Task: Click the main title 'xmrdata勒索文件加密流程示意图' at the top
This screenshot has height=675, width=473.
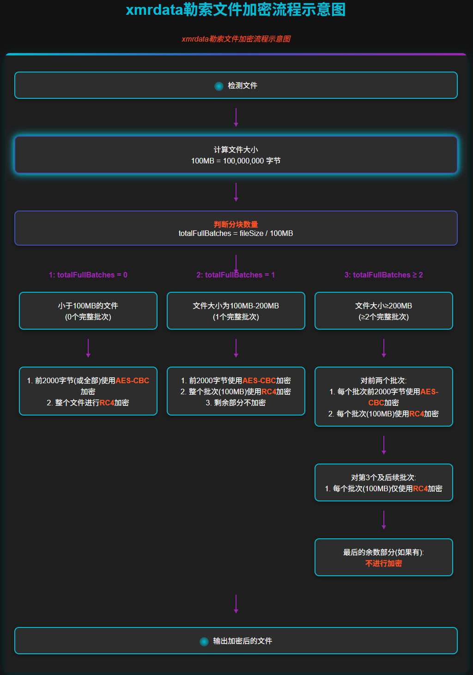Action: pos(236,10)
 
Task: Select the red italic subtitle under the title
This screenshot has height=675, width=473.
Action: pos(236,39)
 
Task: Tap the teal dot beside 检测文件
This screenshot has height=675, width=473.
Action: pos(219,86)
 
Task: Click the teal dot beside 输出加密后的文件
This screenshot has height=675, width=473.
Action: pos(204,641)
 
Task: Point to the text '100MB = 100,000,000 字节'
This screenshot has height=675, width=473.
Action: pos(236,161)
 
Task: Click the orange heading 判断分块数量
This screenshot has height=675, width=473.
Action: pos(236,224)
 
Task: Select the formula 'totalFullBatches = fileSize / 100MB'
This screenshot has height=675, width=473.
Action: pos(236,234)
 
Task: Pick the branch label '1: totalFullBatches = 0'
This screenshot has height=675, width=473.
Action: pos(88,275)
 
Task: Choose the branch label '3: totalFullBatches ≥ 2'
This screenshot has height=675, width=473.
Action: pos(383,275)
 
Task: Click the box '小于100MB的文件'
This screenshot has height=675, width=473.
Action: pos(88,311)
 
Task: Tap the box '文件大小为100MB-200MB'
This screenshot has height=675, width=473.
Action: pos(236,311)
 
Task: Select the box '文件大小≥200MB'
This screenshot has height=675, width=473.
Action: pos(383,311)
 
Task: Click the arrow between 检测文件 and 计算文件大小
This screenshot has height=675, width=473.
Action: pos(236,117)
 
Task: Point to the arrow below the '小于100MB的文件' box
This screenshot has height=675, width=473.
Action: pos(88,348)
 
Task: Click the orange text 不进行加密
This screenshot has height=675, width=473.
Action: pos(383,563)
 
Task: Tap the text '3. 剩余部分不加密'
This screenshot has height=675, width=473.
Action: pos(236,403)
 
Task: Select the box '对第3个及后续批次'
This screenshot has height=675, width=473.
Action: pos(383,482)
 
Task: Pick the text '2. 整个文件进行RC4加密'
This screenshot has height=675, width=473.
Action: pos(88,403)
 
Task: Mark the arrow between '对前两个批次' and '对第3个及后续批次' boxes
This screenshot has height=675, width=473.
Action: pos(384,445)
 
